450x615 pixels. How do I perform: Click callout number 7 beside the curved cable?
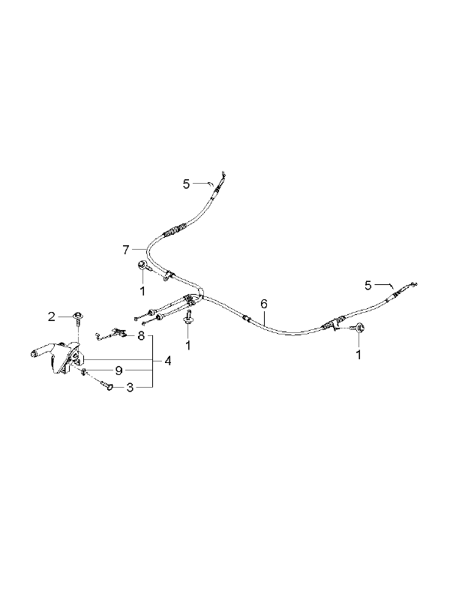125,250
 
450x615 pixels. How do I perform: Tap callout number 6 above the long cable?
264,303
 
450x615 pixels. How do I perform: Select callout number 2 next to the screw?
52,316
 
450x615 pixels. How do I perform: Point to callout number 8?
141,336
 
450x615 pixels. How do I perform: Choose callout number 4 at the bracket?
168,361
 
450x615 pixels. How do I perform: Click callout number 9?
119,370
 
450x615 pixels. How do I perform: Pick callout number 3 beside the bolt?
130,388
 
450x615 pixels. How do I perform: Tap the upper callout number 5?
186,184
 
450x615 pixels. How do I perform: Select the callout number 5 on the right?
367,286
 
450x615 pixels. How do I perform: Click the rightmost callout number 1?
358,355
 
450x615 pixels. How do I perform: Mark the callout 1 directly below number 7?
142,291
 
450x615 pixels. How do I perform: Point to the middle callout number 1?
188,346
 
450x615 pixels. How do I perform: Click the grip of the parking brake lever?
38,351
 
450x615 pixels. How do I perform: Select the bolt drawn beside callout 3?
106,385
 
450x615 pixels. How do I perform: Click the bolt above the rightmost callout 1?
359,327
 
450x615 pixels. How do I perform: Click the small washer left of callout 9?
84,371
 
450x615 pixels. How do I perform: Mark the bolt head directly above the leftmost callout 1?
142,265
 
